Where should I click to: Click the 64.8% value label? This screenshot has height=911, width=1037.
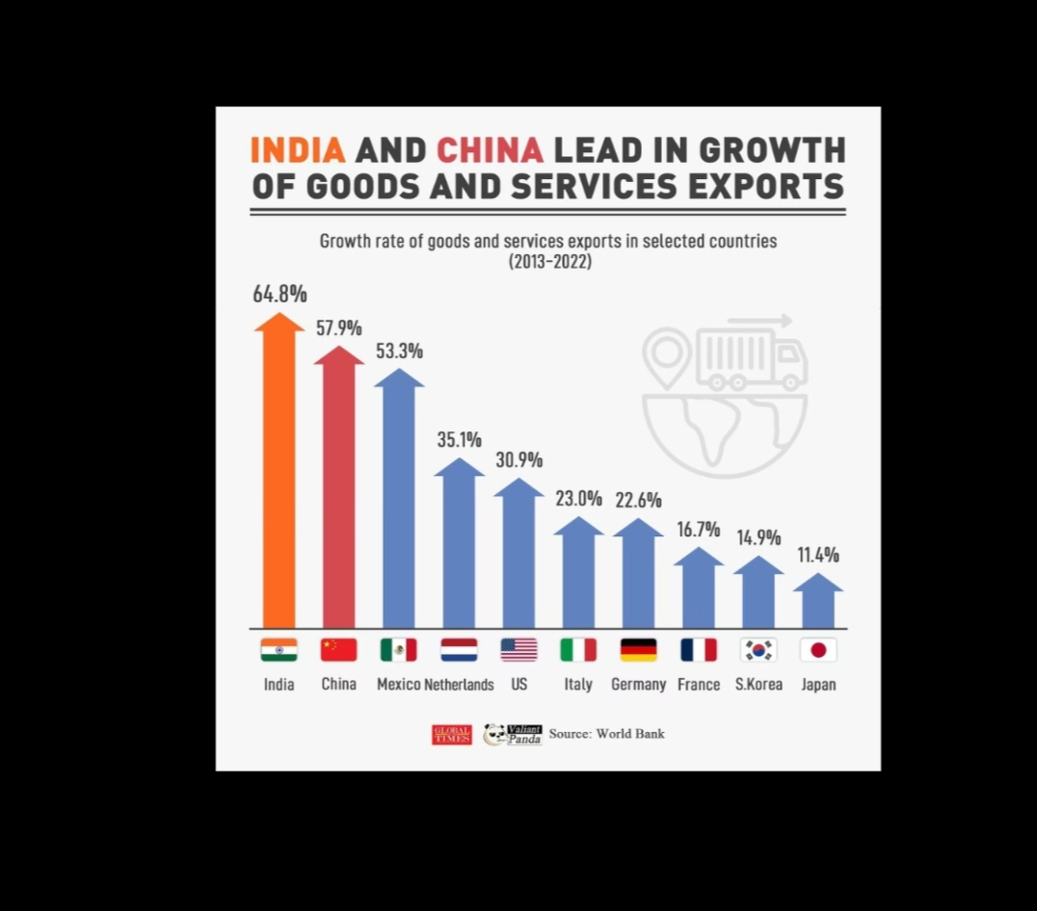[279, 294]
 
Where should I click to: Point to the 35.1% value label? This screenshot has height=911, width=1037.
[459, 440]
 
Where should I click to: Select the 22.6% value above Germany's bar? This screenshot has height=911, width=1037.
[638, 500]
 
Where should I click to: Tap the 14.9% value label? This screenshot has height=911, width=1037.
[758, 537]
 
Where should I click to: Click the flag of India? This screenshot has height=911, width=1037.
[279, 650]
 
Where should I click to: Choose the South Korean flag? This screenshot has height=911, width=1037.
[758, 650]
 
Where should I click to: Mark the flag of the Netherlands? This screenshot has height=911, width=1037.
[459, 650]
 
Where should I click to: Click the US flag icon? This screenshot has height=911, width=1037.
[518, 650]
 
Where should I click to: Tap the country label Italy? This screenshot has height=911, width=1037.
[578, 685]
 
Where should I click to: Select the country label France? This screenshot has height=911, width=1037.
[699, 685]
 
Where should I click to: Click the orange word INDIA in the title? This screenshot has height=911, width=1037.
[297, 150]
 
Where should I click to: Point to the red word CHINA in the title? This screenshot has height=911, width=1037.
[490, 150]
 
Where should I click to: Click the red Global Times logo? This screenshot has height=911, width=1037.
[451, 735]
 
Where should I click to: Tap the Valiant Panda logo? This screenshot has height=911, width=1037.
[513, 735]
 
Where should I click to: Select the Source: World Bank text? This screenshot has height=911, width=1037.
[606, 734]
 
